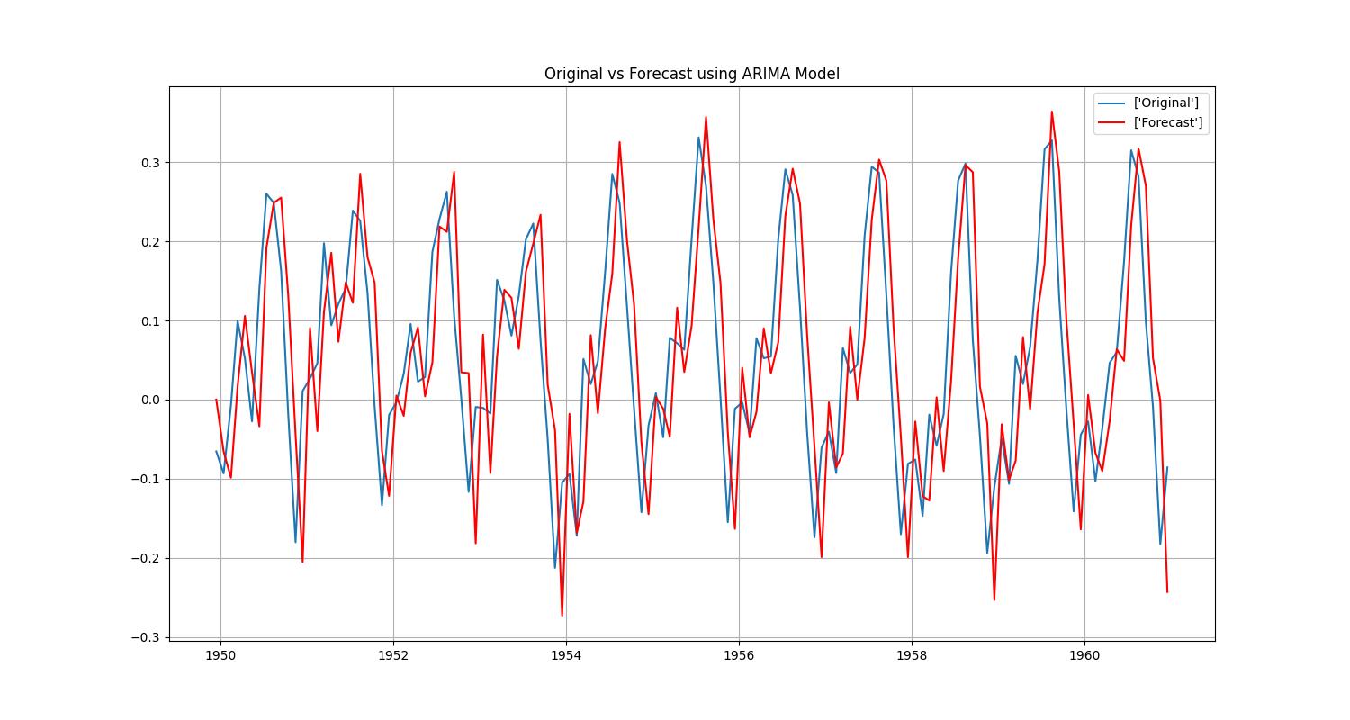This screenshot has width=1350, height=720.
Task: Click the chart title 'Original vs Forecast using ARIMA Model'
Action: click(x=691, y=74)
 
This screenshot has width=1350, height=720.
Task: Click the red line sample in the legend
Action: click(x=1113, y=122)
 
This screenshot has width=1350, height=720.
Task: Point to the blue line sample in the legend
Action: click(x=1113, y=103)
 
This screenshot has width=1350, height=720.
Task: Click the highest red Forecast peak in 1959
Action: click(x=1051, y=112)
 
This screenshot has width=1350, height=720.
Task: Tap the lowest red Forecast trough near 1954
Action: click(x=562, y=616)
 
